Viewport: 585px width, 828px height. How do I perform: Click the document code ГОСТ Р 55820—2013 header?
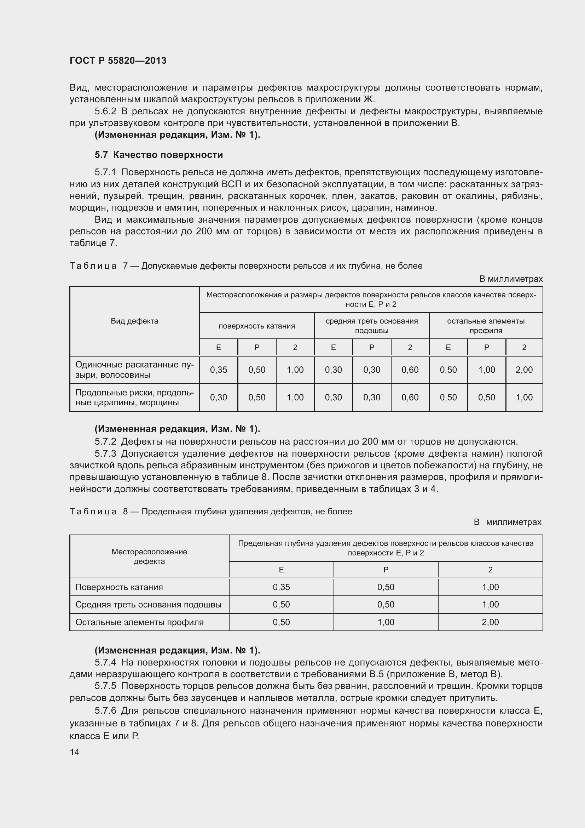118,61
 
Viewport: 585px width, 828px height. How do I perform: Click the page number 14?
74,752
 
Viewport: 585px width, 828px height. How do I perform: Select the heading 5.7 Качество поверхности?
158,155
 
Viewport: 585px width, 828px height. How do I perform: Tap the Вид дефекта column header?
134,321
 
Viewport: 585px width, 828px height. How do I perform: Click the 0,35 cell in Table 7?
218,370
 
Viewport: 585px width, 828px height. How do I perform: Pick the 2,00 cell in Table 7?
524,370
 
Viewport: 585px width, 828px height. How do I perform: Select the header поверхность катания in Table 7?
256,326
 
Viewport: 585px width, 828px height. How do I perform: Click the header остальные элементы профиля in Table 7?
486,326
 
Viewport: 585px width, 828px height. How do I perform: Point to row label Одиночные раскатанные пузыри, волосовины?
134,370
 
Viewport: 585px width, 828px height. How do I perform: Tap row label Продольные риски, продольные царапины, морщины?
134,397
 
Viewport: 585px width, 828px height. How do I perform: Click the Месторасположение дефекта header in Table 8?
149,556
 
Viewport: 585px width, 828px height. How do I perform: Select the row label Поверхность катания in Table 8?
119,587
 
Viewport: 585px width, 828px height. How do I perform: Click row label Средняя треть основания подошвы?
148,604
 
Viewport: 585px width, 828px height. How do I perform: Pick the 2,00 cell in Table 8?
490,622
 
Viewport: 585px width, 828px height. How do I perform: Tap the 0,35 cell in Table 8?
281,587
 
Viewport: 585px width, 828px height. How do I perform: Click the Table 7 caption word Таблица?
93,266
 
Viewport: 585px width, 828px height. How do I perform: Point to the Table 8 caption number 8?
125,512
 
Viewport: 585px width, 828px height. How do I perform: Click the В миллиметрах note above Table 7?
510,279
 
